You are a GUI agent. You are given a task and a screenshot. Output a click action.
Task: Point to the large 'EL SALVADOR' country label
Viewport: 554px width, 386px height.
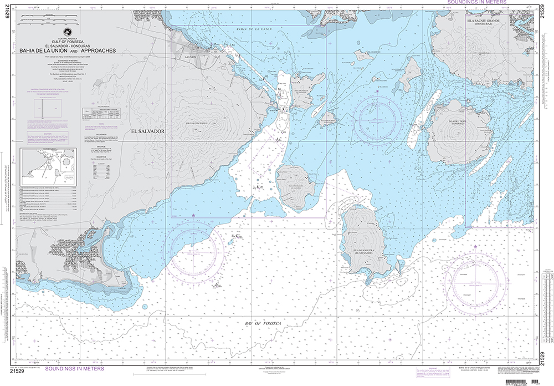(x=148, y=130)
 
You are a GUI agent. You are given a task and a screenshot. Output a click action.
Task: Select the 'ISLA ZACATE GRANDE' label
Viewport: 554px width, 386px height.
(x=480, y=22)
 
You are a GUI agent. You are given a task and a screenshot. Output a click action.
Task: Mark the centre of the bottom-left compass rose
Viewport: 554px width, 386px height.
(x=197, y=255)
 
